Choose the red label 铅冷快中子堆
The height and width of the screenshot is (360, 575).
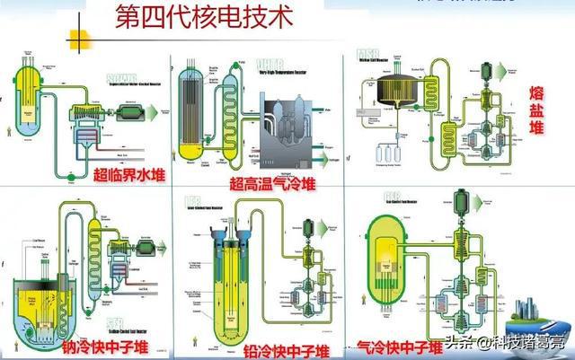click(x=281, y=347)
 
